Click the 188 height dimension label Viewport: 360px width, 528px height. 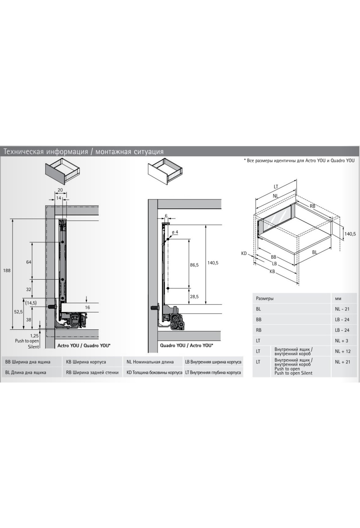7,270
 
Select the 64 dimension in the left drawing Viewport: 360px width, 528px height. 29,262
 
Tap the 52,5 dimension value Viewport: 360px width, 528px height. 18,312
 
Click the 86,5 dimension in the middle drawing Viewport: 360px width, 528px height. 194,265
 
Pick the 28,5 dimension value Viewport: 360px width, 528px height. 194,296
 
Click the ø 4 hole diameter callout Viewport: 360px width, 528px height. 175,232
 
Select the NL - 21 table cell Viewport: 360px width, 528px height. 342,309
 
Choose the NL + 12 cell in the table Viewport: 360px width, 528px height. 343,351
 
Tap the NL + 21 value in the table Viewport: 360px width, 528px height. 343,362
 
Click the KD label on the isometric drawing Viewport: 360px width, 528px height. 244,253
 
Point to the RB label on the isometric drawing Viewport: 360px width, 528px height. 313,206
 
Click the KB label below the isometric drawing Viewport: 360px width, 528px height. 272,271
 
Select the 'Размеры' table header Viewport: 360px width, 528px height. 265,298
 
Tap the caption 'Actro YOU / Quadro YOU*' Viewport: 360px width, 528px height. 84,345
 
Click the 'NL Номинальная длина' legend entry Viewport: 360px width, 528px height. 150,362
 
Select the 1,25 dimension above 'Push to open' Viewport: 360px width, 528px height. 34,336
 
